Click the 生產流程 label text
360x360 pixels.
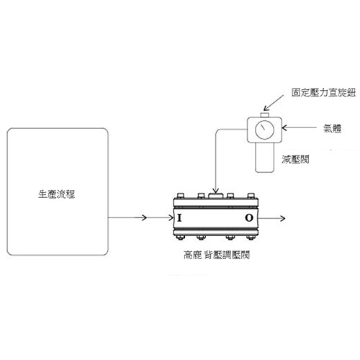click(57, 194)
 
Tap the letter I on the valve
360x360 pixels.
click(179, 218)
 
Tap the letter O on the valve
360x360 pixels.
click(249, 218)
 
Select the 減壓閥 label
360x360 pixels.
click(295, 159)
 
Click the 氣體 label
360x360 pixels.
click(332, 128)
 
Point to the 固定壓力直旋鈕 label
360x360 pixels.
click(323, 92)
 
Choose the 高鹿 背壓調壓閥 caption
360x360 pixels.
click(217, 255)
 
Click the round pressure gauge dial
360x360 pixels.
click(264, 130)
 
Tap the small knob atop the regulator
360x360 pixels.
click(264, 114)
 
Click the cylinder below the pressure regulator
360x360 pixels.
click(264, 157)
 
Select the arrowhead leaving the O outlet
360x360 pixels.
click(282, 218)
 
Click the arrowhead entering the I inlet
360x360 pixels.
click(171, 218)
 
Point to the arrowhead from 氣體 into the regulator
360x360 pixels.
click(284, 128)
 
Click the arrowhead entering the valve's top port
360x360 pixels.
click(216, 191)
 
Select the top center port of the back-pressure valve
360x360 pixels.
click(216, 196)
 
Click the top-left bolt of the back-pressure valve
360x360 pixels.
click(180, 196)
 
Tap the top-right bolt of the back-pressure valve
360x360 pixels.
click(251, 196)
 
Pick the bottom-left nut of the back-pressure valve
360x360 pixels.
click(180, 238)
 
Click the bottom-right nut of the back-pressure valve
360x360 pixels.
click(251, 238)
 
